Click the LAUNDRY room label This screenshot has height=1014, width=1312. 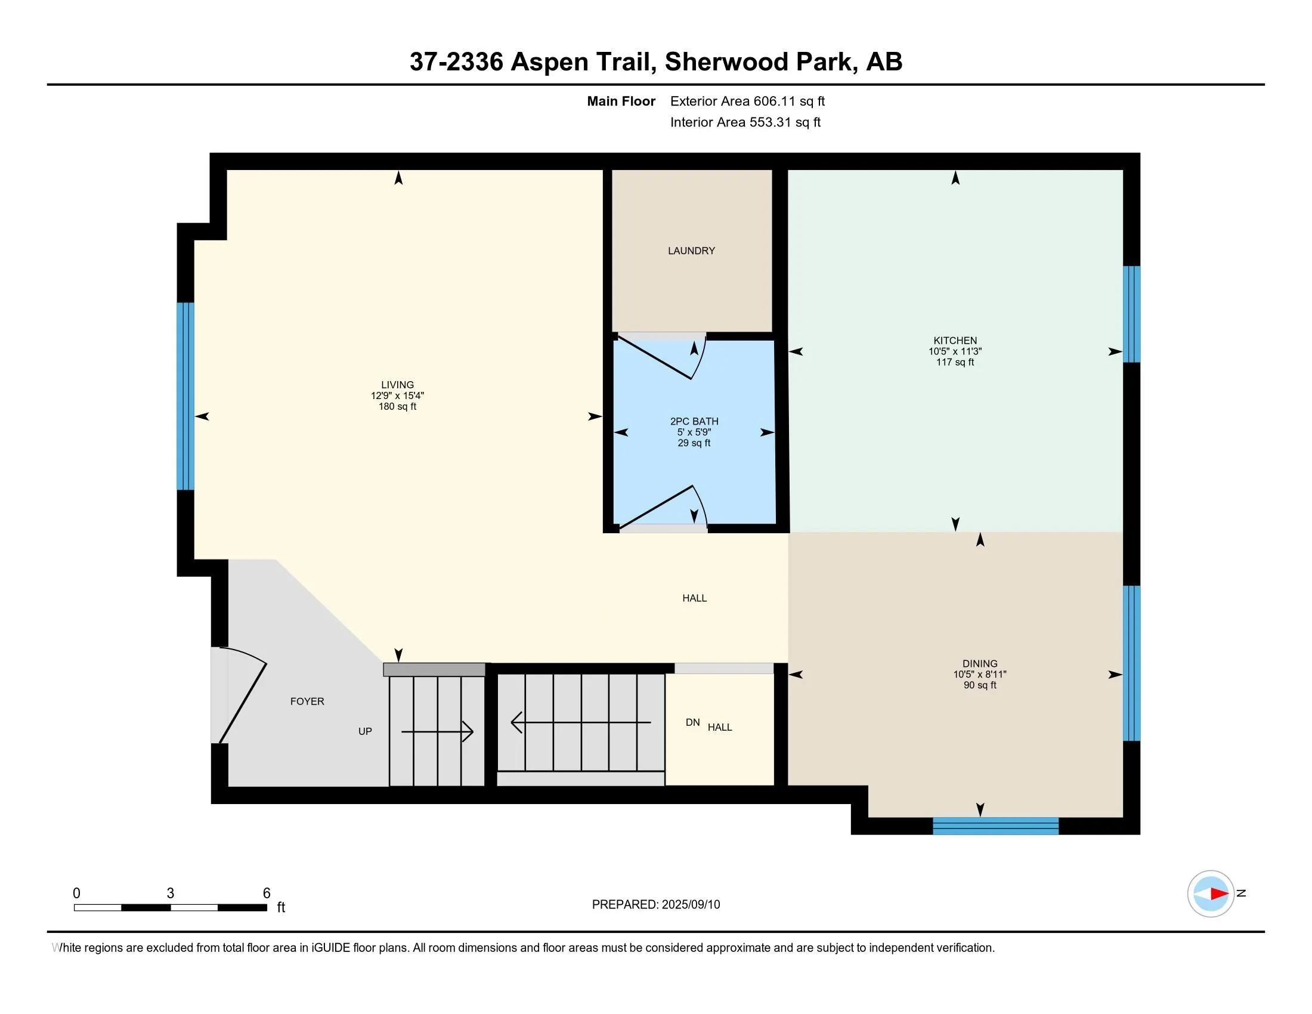[x=691, y=251]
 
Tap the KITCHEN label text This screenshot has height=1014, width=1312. [x=955, y=341]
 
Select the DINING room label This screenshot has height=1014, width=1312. [x=980, y=664]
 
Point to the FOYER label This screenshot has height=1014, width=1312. [x=307, y=701]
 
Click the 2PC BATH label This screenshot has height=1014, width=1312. [x=694, y=422]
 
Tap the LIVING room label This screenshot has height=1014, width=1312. [x=398, y=385]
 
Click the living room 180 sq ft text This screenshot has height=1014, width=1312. [x=398, y=407]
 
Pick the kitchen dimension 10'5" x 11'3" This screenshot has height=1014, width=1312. [x=955, y=351]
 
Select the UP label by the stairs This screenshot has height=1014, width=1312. [x=365, y=732]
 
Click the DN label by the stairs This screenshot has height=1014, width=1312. [x=692, y=723]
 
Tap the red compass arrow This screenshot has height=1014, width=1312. [x=1218, y=894]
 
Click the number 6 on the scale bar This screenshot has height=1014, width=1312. [x=267, y=894]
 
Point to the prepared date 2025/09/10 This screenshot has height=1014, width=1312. [x=690, y=905]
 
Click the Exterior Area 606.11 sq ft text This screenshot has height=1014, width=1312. [x=748, y=101]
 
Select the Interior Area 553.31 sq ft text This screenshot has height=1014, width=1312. [x=745, y=122]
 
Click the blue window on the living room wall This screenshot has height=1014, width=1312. [x=185, y=396]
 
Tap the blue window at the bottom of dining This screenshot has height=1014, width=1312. [x=995, y=826]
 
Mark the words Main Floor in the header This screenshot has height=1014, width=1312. [x=621, y=101]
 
